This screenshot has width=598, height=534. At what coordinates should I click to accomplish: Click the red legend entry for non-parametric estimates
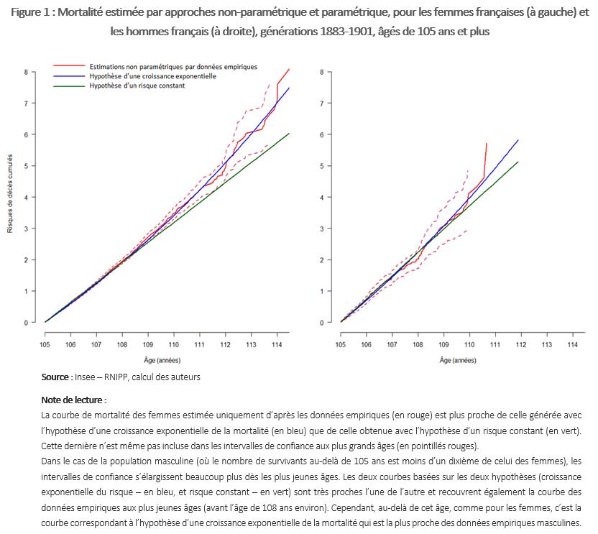[x=172, y=66]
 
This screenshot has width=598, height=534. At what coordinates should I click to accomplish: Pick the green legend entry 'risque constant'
[x=137, y=86]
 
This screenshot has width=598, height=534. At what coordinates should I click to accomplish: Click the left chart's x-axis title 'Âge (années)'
[x=167, y=359]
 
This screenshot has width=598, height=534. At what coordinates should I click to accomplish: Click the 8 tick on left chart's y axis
[x=26, y=72]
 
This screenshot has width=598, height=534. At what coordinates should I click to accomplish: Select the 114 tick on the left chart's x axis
[x=277, y=345]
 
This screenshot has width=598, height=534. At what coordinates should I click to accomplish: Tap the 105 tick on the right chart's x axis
[x=340, y=345]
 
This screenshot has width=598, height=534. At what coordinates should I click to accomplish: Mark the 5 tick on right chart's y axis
[x=321, y=166]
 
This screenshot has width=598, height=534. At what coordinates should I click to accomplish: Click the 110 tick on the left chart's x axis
[x=173, y=345]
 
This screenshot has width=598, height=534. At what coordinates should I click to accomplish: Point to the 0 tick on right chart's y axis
[x=321, y=323]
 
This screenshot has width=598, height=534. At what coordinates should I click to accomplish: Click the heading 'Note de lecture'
[x=73, y=400]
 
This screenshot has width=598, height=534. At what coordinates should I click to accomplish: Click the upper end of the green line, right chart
[x=517, y=162]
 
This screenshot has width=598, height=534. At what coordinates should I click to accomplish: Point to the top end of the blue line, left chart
[x=289, y=88]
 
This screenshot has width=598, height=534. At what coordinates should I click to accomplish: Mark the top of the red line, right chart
[x=487, y=143]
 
